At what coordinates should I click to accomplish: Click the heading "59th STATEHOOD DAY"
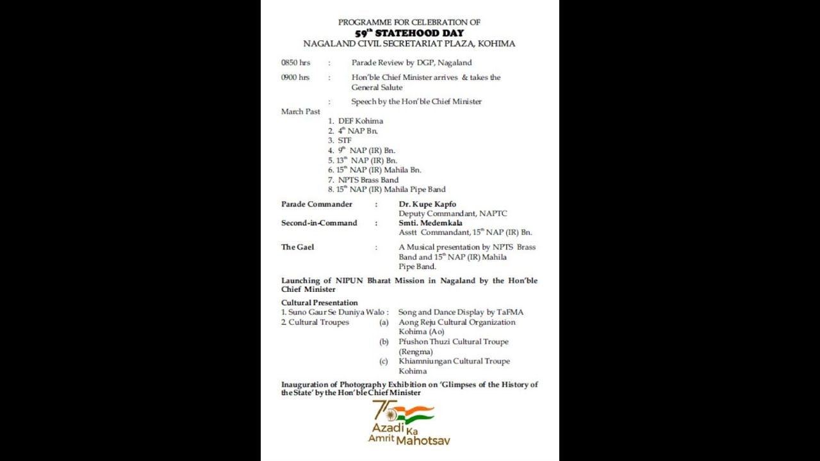[x=409, y=33]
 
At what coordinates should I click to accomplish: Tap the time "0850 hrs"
[x=295, y=63]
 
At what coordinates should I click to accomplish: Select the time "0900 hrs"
[x=295, y=77]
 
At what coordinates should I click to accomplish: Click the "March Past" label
[x=300, y=111]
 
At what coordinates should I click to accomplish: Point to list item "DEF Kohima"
[x=360, y=121]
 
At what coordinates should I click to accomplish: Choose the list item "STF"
[x=345, y=140]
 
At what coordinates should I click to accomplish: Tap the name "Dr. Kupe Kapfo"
[x=427, y=204]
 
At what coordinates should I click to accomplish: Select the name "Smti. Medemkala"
[x=430, y=223]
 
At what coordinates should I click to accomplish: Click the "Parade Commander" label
[x=316, y=204]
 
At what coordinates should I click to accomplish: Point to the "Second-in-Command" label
[x=319, y=223]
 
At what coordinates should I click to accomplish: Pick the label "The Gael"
[x=297, y=247]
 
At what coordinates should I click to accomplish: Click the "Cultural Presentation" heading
[x=320, y=302]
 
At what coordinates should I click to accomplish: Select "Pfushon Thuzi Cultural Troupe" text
[x=454, y=342]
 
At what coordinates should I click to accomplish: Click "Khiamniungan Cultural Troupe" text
[x=454, y=361]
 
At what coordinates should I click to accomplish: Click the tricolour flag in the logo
[x=415, y=413]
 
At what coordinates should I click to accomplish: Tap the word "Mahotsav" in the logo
[x=423, y=441]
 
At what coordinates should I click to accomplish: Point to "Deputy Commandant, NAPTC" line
[x=453, y=214]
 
